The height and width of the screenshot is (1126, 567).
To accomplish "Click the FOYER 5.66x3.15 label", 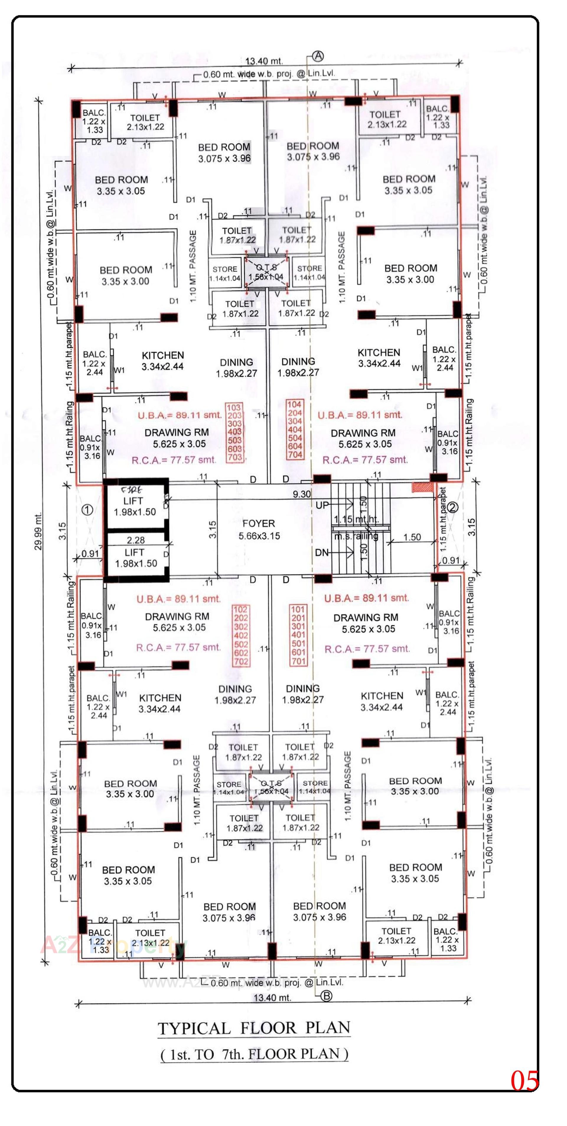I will [x=259, y=529].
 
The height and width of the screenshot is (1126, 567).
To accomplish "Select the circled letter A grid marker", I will [x=318, y=56].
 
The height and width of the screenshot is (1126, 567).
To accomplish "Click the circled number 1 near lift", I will [x=87, y=510].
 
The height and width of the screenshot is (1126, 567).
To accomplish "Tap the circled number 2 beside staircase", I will [x=453, y=507].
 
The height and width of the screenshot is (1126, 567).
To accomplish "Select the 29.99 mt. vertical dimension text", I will [x=38, y=531].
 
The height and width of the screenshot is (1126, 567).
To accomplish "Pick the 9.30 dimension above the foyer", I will [x=302, y=494].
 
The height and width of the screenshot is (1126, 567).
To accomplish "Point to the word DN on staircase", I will [x=322, y=553].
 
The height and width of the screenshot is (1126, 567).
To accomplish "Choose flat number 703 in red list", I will [x=234, y=457].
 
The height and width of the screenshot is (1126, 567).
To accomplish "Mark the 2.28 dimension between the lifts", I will [x=136, y=540].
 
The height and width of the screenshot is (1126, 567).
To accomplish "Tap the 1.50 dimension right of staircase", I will [x=412, y=537].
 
